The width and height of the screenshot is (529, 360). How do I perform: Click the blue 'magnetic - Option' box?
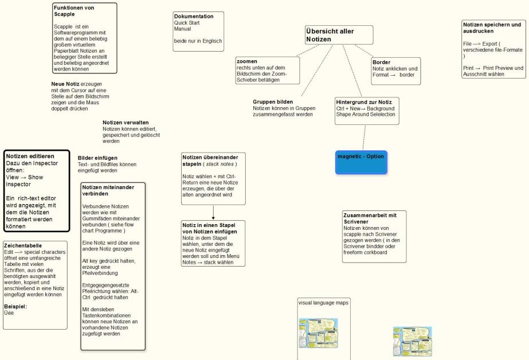(361, 162)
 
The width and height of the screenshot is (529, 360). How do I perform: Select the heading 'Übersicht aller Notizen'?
(331, 35)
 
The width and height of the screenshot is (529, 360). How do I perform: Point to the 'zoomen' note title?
(246, 61)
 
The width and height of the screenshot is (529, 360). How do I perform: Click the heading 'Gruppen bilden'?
(273, 101)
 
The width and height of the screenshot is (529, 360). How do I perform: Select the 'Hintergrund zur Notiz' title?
(363, 102)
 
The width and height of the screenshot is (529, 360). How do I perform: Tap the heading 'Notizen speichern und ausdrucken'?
(492, 28)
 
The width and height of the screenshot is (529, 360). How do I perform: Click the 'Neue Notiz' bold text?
(65, 84)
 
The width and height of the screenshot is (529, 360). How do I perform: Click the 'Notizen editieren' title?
(30, 156)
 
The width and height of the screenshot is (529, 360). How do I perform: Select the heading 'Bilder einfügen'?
(97, 158)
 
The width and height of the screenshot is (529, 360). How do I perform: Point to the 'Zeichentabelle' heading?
(23, 245)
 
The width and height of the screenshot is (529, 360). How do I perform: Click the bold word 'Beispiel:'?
(15, 306)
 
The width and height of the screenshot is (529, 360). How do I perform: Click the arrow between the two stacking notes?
(213, 213)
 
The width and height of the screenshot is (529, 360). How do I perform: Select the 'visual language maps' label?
(324, 302)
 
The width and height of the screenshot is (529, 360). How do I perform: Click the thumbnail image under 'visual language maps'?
(319, 333)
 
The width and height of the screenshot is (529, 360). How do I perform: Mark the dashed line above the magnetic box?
(364, 138)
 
